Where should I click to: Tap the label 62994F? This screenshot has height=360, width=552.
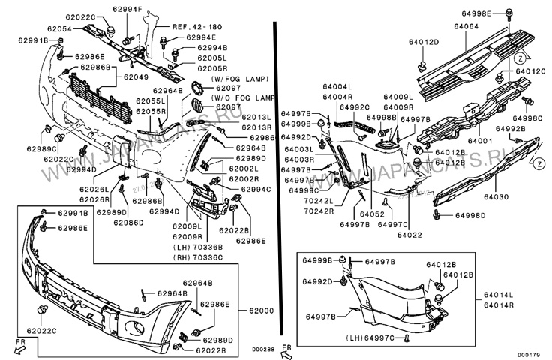(127, 9)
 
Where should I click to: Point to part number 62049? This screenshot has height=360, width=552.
(136, 76)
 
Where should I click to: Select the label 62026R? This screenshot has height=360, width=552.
(94, 200)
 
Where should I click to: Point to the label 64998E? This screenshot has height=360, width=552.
(496, 14)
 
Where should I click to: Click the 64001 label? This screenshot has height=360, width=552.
(480, 140)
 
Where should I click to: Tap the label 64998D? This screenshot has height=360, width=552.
(470, 216)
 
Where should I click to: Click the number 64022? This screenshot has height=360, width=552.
(410, 235)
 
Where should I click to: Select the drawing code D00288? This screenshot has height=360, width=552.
(262, 349)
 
